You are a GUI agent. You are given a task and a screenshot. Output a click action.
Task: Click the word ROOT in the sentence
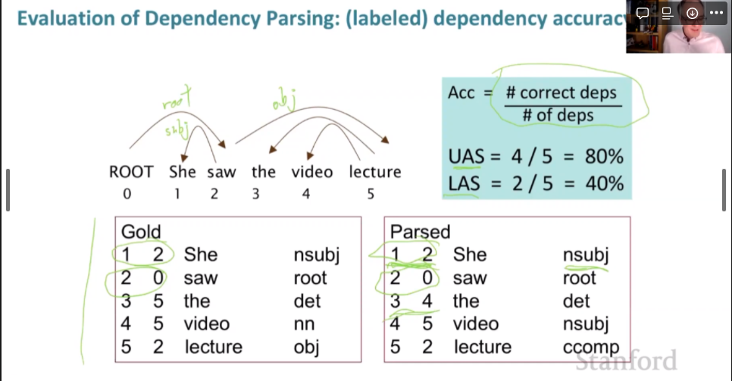click(131, 172)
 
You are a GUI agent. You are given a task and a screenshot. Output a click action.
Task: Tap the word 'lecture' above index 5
click(374, 172)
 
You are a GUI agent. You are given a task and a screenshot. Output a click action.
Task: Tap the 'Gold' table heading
click(141, 232)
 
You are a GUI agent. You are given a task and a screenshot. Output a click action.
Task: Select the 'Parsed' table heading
click(419, 232)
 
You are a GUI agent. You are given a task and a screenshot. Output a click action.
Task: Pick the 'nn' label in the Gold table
click(303, 324)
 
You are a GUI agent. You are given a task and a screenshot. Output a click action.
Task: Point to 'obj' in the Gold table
click(306, 348)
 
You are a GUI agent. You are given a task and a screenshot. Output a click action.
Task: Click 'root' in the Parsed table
click(580, 278)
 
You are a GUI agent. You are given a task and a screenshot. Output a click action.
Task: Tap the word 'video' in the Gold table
click(206, 324)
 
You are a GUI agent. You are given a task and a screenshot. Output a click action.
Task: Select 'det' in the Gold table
click(307, 301)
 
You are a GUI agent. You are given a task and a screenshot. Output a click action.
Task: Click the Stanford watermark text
click(627, 360)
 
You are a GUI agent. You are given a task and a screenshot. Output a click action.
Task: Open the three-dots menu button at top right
click(717, 12)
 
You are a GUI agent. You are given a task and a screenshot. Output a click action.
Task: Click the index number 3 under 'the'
click(255, 194)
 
